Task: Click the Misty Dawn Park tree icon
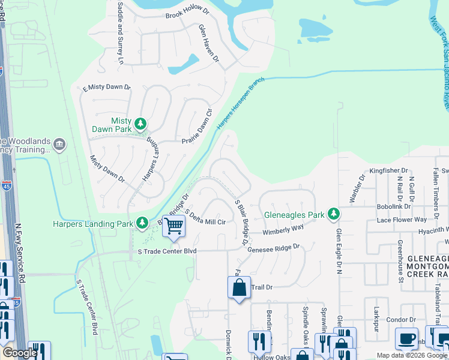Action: tap(140, 124)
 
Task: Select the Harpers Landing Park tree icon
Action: tap(142, 224)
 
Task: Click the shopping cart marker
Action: tap(174, 227)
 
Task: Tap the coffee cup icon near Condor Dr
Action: tap(406, 338)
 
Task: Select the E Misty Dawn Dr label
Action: tap(106, 87)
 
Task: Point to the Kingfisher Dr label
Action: tap(388, 170)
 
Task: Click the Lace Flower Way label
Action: tap(402, 220)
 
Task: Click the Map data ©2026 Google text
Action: tap(411, 355)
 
